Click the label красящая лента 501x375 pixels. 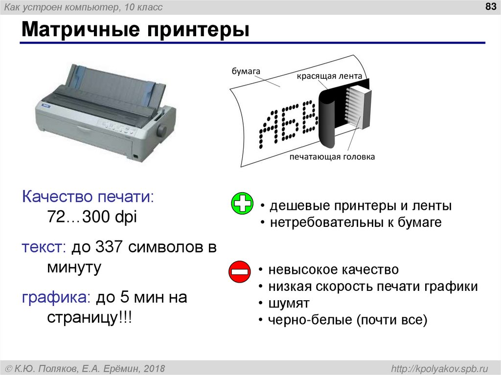coord(329,76)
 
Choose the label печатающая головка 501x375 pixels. coord(332,157)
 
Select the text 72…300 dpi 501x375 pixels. coord(92,218)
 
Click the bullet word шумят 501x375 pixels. coord(288,303)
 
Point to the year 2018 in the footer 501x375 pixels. coord(155,368)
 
